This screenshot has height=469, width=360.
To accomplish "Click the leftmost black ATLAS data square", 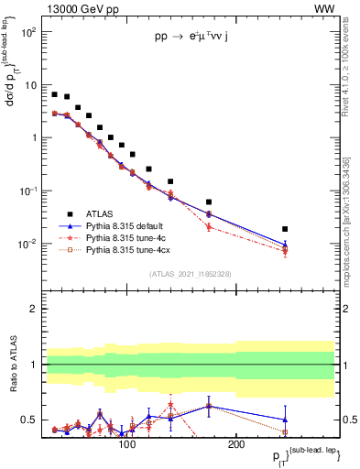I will click(x=55, y=94).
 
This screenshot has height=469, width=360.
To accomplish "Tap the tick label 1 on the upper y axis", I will click(x=33, y=138).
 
